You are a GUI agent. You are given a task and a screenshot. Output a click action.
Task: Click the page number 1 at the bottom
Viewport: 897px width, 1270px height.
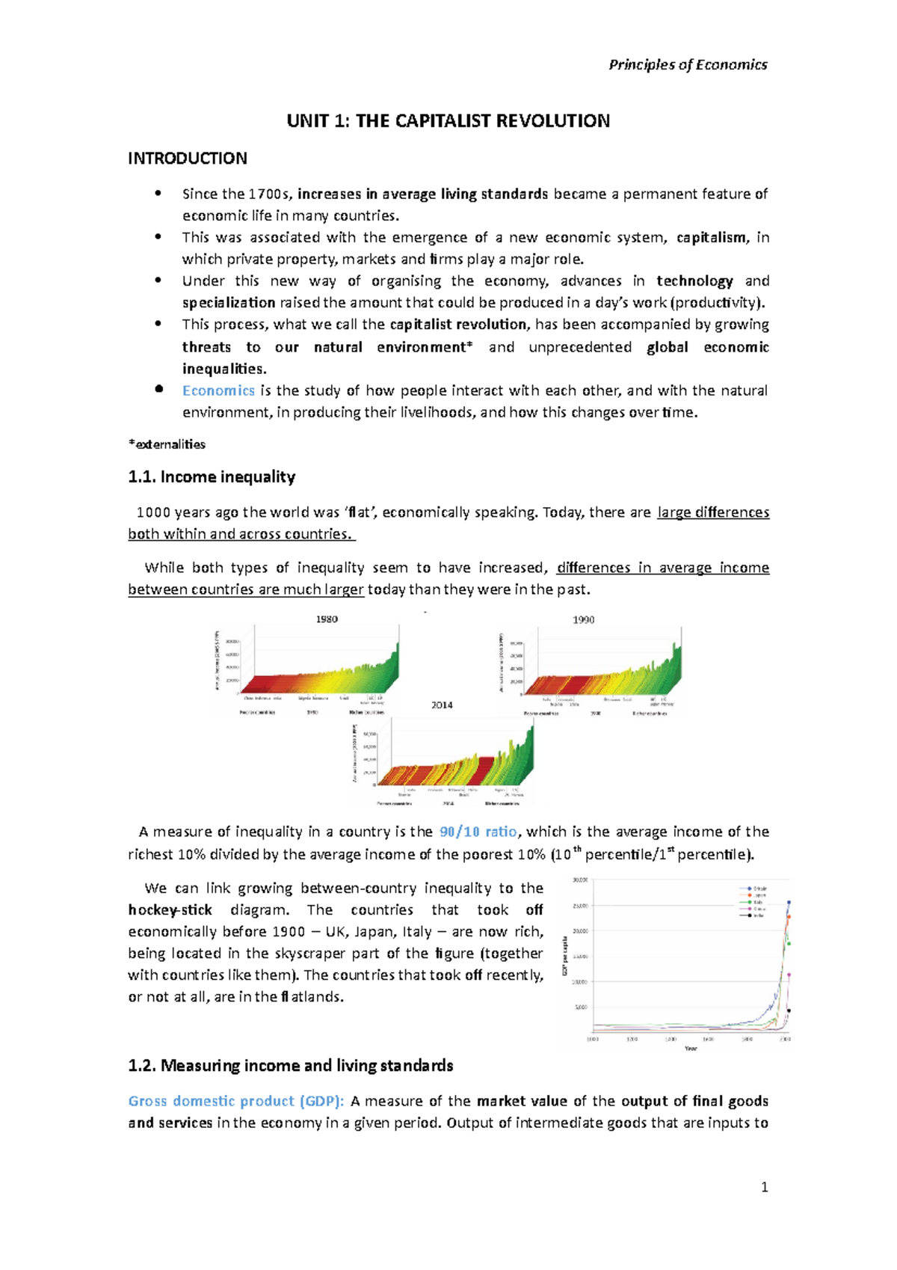tap(764, 1188)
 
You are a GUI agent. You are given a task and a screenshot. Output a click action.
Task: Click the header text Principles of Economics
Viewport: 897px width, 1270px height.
tap(688, 65)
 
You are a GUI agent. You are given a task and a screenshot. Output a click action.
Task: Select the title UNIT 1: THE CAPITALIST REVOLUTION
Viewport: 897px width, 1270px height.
tap(448, 121)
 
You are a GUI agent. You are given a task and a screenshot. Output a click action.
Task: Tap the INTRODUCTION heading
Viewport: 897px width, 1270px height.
tap(187, 159)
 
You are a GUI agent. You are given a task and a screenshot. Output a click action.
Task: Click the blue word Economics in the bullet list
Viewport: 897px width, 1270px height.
tap(218, 390)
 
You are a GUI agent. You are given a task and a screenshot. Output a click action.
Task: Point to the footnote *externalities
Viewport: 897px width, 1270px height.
tap(167, 444)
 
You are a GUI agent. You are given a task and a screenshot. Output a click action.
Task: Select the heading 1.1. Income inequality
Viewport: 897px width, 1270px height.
tap(212, 477)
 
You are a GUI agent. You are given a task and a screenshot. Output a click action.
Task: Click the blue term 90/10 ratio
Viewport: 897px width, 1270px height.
tap(478, 832)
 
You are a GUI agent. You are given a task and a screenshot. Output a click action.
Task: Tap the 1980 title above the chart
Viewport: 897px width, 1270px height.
tap(327, 619)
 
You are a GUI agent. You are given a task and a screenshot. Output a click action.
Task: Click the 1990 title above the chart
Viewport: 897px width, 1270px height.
tap(583, 620)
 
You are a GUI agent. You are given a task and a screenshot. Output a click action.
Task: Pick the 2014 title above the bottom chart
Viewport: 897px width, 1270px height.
tap(442, 705)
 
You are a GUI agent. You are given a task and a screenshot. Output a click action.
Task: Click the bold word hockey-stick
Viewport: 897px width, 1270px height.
tap(170, 910)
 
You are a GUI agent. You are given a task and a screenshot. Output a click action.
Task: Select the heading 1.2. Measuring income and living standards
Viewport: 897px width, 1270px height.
tap(291, 1066)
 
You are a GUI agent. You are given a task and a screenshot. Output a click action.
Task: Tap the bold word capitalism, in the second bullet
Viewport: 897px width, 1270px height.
tap(712, 238)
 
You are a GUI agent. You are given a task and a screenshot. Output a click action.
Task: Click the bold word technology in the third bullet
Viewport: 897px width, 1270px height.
tap(694, 281)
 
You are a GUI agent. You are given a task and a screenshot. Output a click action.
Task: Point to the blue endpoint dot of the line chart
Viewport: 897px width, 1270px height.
tap(789, 903)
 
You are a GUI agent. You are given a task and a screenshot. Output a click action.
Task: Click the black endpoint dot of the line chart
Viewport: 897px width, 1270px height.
tap(789, 1011)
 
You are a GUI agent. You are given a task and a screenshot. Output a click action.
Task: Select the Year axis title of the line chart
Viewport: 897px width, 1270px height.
tap(691, 1049)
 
